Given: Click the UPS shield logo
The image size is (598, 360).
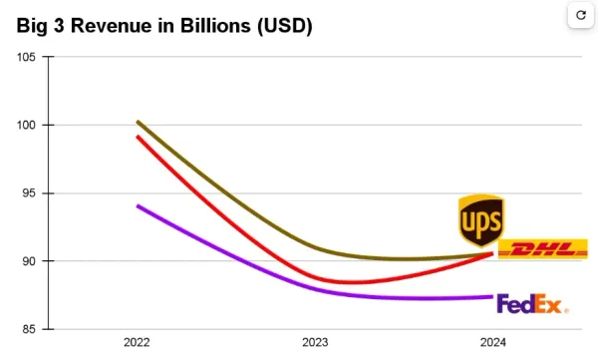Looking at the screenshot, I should point(479,220).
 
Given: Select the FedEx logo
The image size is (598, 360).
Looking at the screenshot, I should point(531,303).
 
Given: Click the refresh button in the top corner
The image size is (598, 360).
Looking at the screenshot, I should point(579,16).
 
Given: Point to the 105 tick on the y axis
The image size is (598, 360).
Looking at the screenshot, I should point(27,57).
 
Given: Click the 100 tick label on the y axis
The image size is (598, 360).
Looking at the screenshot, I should point(27,126).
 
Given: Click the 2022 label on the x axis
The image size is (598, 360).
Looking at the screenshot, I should point(138,342).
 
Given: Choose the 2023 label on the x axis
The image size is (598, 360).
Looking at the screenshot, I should point(315,342).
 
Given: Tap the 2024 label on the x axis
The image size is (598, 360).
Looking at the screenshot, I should point(492,342).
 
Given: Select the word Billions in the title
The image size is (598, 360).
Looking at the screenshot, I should point(212,27).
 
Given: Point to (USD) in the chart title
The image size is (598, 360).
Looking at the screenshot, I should point(284,27).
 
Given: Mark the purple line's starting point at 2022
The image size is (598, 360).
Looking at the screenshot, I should point(138,205).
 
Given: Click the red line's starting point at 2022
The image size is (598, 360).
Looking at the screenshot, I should point(138,137).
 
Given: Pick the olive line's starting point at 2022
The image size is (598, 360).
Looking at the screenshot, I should point(138,122).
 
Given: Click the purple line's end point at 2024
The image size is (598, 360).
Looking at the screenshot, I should point(492,296).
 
